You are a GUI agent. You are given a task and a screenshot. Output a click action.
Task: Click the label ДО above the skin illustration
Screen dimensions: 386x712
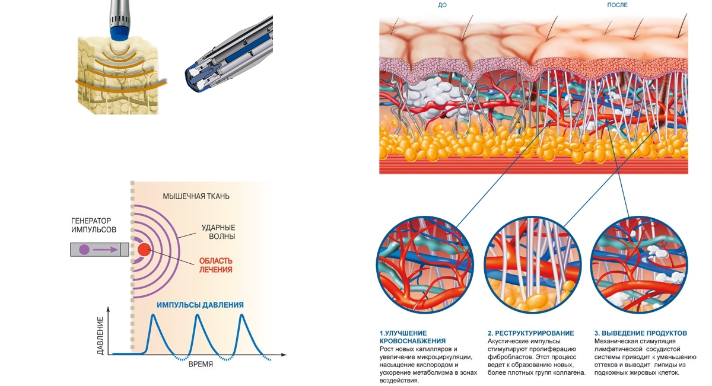click(x=441, y=5)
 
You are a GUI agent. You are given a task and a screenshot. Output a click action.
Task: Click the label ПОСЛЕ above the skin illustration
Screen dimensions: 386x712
click(x=617, y=5)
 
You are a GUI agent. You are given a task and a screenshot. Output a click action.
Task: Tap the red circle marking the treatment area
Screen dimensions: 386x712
click(x=144, y=250)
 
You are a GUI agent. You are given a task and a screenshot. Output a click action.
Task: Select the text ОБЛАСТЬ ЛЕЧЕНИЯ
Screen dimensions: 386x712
click(x=215, y=265)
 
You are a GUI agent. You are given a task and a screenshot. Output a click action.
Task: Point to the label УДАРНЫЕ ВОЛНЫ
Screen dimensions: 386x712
click(x=219, y=232)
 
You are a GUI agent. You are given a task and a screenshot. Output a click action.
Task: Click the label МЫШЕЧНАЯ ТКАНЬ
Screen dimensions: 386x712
click(x=196, y=196)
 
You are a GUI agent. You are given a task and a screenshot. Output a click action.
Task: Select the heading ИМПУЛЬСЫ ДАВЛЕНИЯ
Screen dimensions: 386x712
click(x=200, y=305)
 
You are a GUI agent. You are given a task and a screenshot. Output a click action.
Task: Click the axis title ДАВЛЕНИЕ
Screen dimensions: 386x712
click(x=101, y=336)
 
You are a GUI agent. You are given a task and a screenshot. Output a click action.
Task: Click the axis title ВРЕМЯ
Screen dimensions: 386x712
click(x=201, y=364)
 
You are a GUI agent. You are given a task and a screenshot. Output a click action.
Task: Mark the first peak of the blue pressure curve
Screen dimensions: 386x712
click(x=153, y=315)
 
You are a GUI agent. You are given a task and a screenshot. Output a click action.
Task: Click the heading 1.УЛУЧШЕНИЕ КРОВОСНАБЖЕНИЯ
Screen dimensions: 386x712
click(x=412, y=337)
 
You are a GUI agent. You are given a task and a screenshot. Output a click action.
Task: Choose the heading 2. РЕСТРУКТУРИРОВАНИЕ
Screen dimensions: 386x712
click(x=530, y=333)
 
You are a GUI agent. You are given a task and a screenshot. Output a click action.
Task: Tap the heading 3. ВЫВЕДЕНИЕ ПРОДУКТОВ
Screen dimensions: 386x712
click(x=640, y=333)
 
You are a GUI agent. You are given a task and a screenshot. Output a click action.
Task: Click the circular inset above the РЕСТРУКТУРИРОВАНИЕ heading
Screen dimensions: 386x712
click(x=531, y=264)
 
